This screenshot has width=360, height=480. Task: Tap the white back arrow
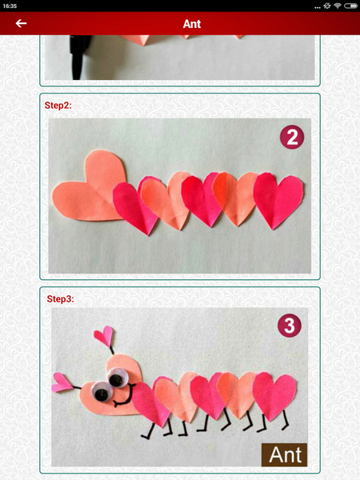tap(21, 23)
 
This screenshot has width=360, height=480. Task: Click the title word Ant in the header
tap(192, 24)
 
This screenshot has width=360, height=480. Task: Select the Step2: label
tap(58, 106)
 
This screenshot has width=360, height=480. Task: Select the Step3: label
tap(60, 298)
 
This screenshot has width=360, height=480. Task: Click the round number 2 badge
tap(292, 137)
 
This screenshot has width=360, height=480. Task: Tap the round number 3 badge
tap(290, 326)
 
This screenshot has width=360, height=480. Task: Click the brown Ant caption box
tap(284, 454)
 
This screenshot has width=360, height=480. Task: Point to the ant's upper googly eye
tap(117, 378)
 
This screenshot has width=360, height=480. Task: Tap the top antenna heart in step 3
tap(104, 336)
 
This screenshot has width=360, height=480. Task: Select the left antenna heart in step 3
tap(62, 382)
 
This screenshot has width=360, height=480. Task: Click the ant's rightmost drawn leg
tap(286, 420)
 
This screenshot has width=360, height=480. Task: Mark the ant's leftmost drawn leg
tap(147, 430)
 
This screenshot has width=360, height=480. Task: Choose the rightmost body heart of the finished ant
tap(274, 396)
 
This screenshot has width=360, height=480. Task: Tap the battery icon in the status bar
tap(351, 6)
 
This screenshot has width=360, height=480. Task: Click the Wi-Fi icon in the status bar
tap(338, 6)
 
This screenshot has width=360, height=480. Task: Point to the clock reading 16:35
tap(10, 6)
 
